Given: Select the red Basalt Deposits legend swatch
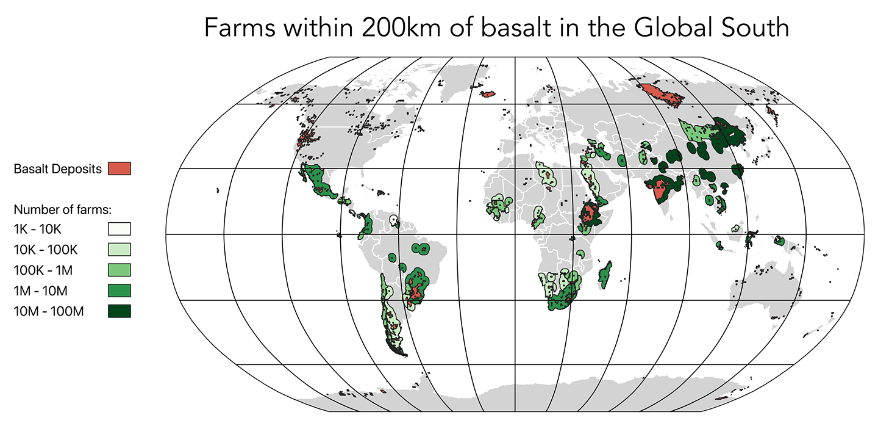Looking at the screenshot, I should click(120, 169).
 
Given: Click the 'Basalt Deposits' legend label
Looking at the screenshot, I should click(57, 169).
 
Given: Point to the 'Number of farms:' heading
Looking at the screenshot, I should click(62, 209).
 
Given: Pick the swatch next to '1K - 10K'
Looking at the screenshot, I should click(120, 229).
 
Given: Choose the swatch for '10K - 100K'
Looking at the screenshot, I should click(120, 250).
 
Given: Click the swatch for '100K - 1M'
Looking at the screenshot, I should click(120, 270).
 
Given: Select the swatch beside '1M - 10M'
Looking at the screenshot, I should click(120, 291).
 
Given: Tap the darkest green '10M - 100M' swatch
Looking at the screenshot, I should click(120, 311).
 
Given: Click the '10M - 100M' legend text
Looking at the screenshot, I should click(48, 311).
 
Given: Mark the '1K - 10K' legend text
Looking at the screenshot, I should click(38, 229).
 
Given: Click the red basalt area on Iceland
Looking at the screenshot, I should click(487, 94).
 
